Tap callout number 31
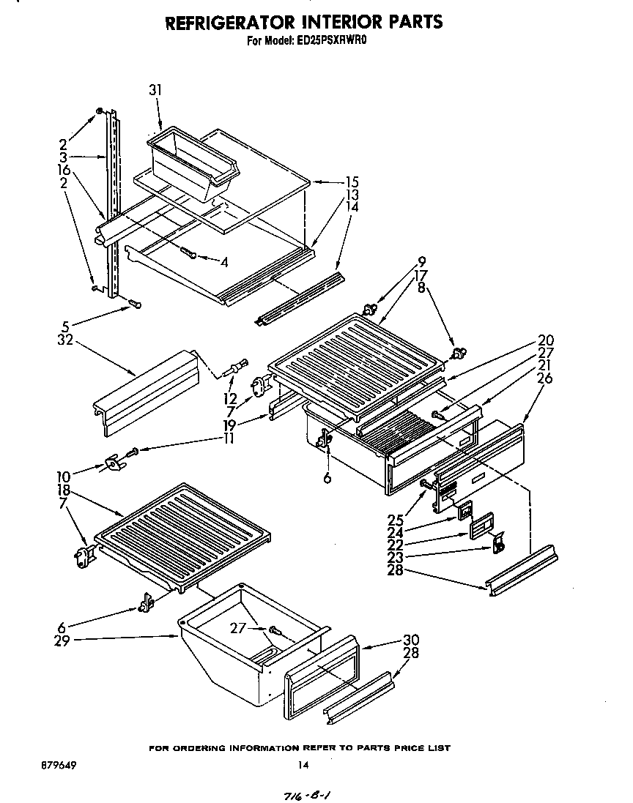click(155, 90)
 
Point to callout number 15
click(352, 182)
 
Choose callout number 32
click(66, 340)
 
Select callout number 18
click(64, 490)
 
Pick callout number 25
click(396, 520)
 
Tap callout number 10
click(64, 477)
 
